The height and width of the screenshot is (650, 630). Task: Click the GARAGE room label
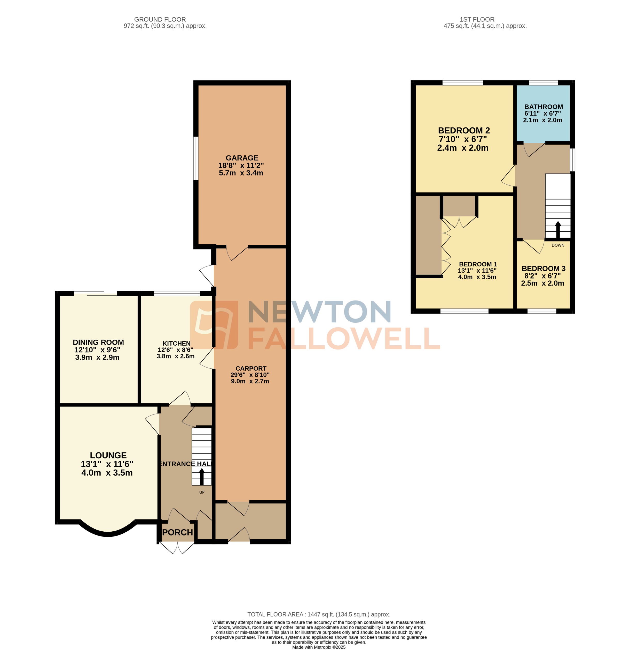242,158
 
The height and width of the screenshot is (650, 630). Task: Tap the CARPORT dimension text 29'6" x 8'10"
250,375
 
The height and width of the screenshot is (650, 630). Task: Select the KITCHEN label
176,343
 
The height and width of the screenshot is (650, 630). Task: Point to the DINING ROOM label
98,342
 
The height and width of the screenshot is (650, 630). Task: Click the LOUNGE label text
108,455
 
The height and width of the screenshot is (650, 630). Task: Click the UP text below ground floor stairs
201,492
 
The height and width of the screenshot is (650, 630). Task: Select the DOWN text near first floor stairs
558,245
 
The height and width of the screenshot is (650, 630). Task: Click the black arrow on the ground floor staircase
201,476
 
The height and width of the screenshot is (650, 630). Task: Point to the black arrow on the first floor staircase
558,229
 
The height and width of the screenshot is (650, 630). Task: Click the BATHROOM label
543,107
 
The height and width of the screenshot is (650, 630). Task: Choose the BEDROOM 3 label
543,268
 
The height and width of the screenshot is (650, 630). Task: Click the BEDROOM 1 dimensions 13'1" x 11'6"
477,271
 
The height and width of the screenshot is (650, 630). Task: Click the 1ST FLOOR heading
477,20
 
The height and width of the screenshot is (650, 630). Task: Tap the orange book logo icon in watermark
214,325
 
